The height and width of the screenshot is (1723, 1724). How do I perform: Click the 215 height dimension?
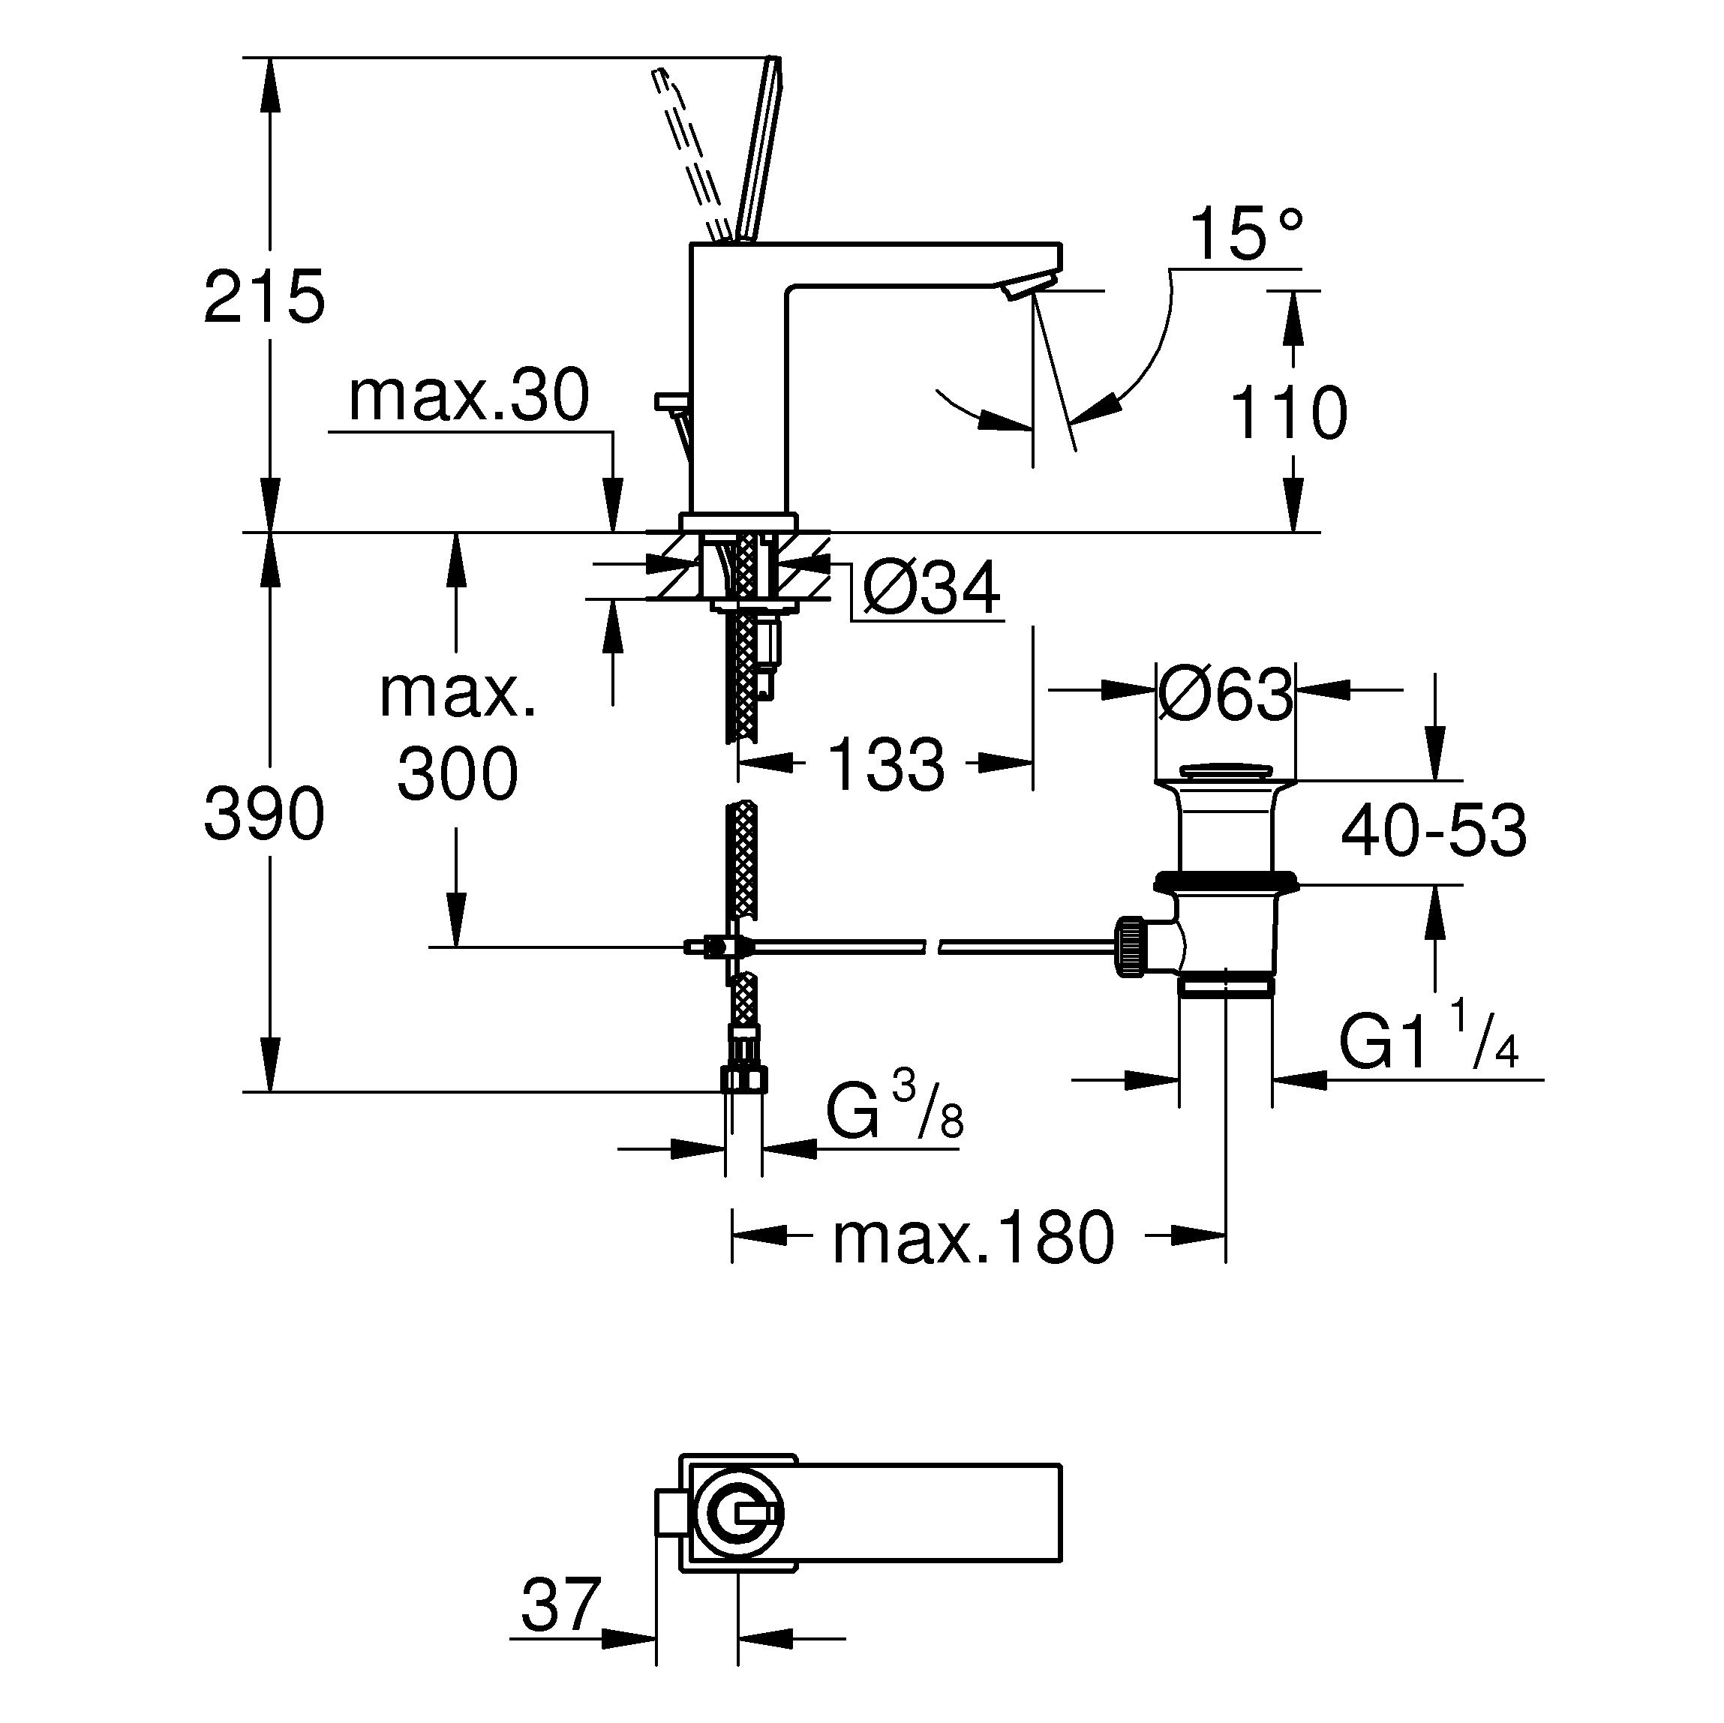pos(264,297)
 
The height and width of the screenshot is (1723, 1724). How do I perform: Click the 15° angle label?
pos(1247,234)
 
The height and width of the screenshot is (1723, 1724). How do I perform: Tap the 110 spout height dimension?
pos(1289,413)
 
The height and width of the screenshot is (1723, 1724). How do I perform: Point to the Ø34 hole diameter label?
pos(932,589)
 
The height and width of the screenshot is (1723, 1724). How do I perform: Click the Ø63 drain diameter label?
pos(1225,693)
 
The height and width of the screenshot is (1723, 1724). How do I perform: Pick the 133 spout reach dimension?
pos(886,764)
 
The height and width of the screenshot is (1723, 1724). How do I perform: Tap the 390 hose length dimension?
pos(264,814)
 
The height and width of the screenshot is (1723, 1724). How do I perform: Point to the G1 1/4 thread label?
pos(1428,1037)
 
